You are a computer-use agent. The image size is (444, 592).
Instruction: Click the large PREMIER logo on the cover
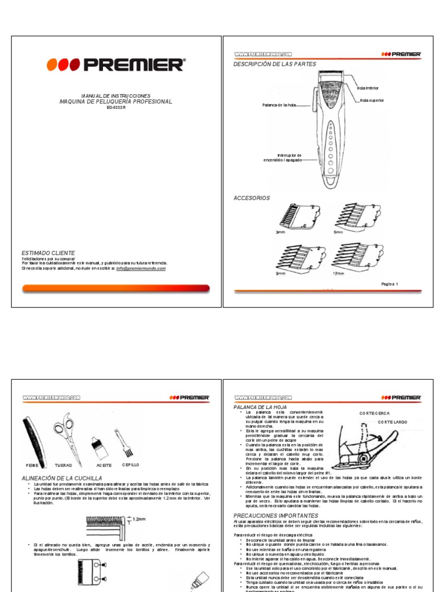(x=116, y=64)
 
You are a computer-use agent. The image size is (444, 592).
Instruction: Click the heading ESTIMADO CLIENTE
(x=48, y=253)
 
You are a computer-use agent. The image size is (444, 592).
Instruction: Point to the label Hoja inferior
(x=368, y=88)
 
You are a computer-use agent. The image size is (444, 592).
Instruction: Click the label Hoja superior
(x=372, y=100)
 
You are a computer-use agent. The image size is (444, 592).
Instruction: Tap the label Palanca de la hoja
(x=279, y=105)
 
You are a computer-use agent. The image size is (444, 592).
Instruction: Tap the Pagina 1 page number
(x=390, y=284)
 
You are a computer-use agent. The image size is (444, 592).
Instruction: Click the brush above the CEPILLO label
(x=123, y=442)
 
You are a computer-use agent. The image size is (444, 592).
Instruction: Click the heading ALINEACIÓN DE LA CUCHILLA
(x=61, y=478)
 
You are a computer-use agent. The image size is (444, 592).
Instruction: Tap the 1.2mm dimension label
(x=139, y=519)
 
